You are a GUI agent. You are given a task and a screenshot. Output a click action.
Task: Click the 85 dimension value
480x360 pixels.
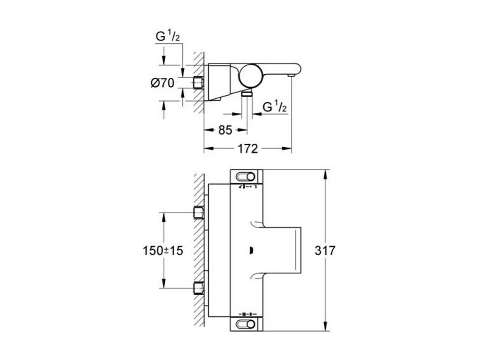(225, 130)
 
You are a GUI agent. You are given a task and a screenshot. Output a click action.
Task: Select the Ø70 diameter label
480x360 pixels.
(163, 83)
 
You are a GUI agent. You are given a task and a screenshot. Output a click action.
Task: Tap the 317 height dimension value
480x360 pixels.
(325, 250)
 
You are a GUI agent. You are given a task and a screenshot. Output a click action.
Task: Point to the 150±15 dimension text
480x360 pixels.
(163, 250)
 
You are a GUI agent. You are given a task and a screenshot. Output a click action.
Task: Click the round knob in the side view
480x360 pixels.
(250, 75)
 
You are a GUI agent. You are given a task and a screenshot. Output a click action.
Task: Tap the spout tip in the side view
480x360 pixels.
(291, 74)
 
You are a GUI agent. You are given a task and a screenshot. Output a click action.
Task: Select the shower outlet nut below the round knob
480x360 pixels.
(247, 93)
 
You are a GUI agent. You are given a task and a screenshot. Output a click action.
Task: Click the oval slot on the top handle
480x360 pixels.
(246, 176)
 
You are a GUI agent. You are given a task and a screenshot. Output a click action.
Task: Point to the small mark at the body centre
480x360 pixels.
(250, 250)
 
